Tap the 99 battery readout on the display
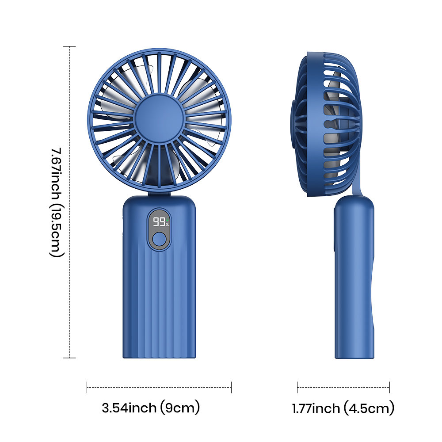coord(159,222)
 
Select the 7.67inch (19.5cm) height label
coord(57,202)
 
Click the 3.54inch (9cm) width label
coord(151,408)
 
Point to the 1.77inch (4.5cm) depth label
coord(343,408)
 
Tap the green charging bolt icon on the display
coord(168,220)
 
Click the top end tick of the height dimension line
coord(70,46)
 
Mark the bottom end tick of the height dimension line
coord(70,358)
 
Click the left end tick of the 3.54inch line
coord(87,387)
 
